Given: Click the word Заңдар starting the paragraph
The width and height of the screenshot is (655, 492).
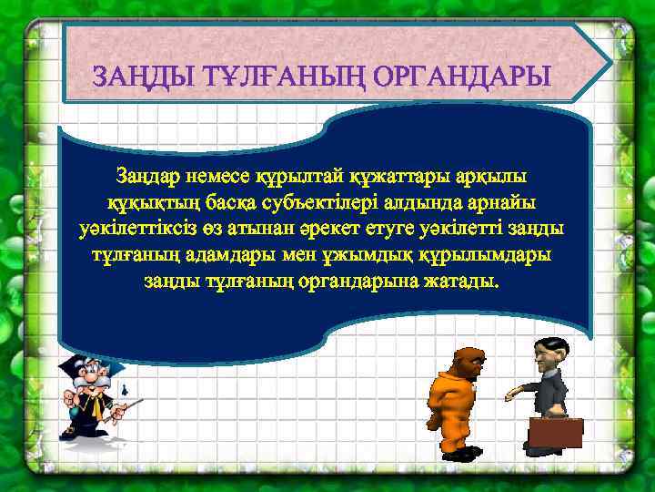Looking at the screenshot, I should point(147,175).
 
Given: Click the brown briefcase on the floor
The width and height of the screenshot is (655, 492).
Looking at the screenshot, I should point(555,432).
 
